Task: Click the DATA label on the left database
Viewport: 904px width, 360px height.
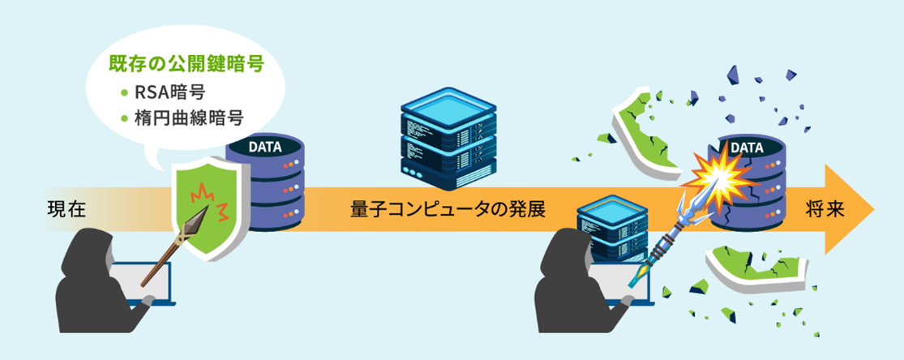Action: pyautogui.click(x=264, y=148)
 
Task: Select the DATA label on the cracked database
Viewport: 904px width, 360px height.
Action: pyautogui.click(x=748, y=148)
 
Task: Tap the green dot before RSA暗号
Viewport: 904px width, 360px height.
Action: pyautogui.click(x=124, y=92)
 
